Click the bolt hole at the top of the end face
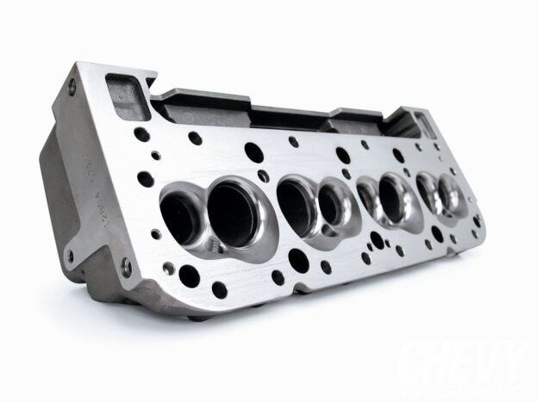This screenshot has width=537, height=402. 72,84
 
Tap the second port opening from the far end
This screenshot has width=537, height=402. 428,193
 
